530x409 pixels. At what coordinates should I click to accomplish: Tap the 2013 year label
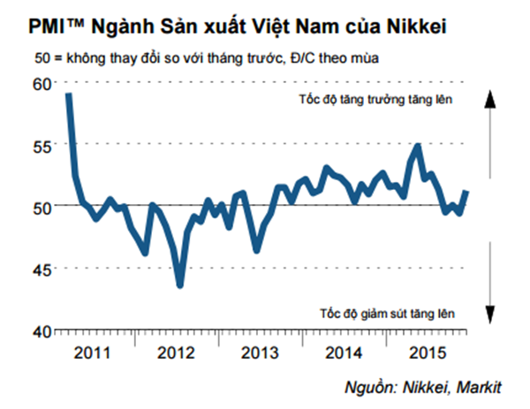tap(261, 352)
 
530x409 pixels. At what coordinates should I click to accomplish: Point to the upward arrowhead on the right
tap(487, 97)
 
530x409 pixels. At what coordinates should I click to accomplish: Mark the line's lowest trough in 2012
tap(180, 284)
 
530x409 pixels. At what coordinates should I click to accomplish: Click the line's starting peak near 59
tap(69, 95)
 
